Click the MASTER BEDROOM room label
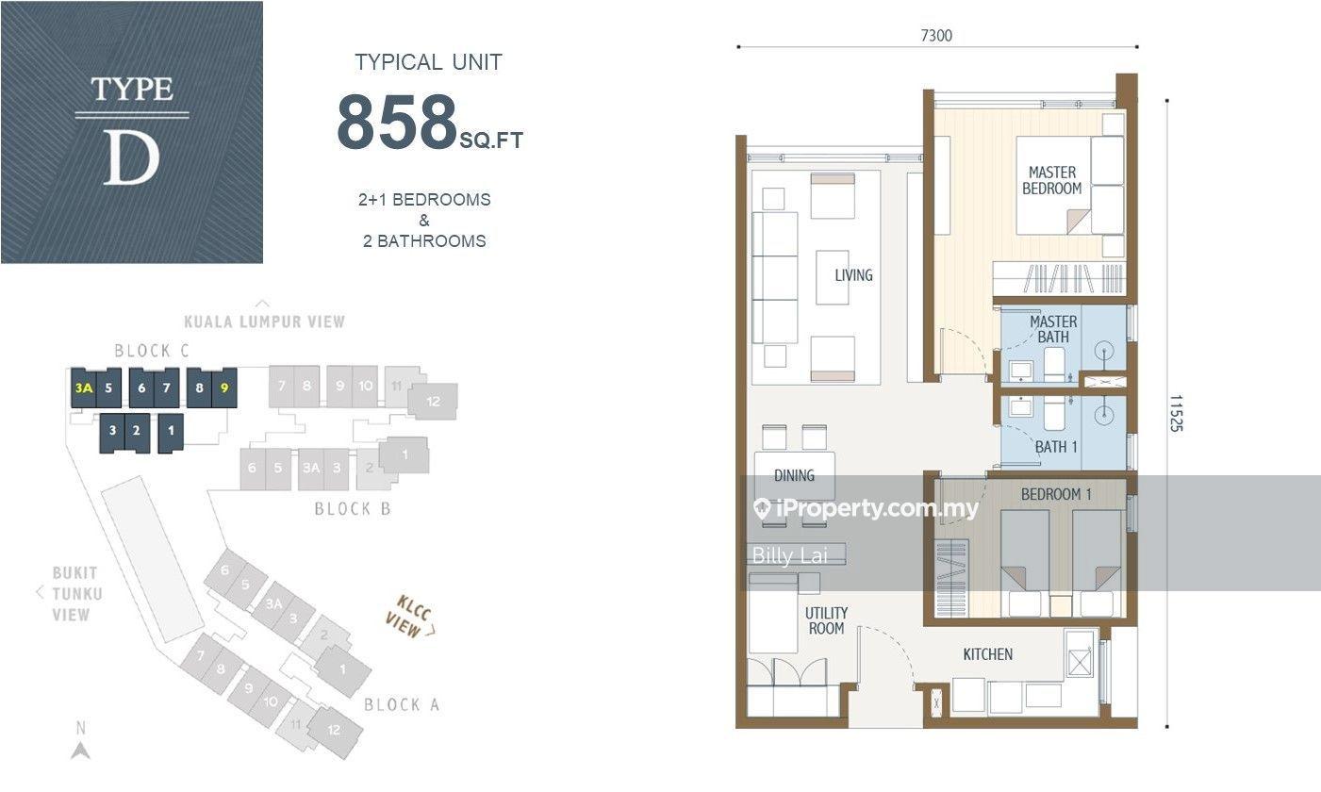point(1052,180)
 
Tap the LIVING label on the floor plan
point(853,274)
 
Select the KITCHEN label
point(988,654)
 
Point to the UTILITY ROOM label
point(826,621)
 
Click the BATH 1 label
point(1056,447)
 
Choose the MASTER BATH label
point(1053,329)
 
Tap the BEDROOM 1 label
point(1056,494)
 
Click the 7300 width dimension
point(936,36)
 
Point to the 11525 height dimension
point(1176,413)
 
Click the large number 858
point(397,122)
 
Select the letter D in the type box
point(131,157)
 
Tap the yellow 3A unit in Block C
point(84,388)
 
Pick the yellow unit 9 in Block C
point(224,388)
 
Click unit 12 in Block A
point(334,730)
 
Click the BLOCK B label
point(352,508)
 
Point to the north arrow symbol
point(81,751)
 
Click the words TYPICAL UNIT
point(428,62)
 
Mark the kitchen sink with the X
point(1080,663)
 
